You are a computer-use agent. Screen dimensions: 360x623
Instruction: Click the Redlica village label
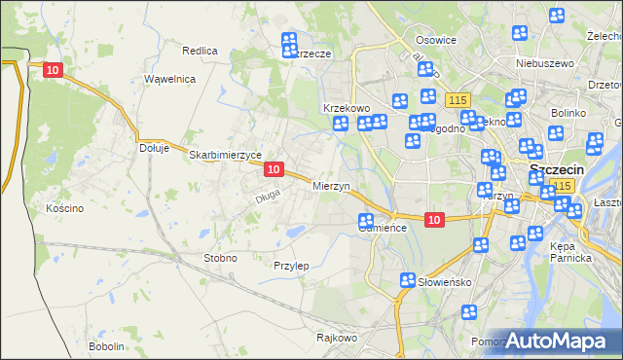[x=200, y=50]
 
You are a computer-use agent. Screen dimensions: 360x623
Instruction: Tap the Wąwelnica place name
[x=170, y=79]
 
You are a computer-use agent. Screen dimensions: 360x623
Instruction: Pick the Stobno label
[x=219, y=258]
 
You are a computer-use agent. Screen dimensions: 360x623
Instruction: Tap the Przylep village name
[x=291, y=266]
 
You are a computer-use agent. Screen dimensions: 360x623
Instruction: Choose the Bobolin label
[x=106, y=346]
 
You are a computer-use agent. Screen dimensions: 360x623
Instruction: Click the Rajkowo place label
[x=337, y=339]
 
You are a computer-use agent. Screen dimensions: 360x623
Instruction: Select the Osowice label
[x=436, y=40]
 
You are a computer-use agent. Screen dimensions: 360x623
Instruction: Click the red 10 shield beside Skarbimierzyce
[x=274, y=169]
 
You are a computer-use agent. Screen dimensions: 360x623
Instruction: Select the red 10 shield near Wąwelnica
[x=54, y=70]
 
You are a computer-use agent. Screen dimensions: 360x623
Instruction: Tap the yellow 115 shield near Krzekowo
[x=457, y=100]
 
